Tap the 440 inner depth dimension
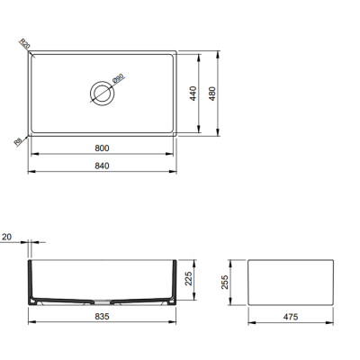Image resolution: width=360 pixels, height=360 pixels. pos(193,94)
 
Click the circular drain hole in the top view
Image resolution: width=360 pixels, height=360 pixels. pos(101,92)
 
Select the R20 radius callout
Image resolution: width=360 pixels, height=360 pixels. pos(24,45)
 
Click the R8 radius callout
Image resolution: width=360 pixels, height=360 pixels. pos(19,140)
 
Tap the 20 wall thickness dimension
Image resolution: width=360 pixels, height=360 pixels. pos(7,237)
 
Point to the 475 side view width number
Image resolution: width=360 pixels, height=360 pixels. pos(290,318)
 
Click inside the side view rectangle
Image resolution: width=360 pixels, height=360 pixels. pos(290,283)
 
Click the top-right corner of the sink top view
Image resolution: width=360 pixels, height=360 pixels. pos(176,50)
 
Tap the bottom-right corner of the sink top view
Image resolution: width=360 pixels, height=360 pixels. pos(176,137)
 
